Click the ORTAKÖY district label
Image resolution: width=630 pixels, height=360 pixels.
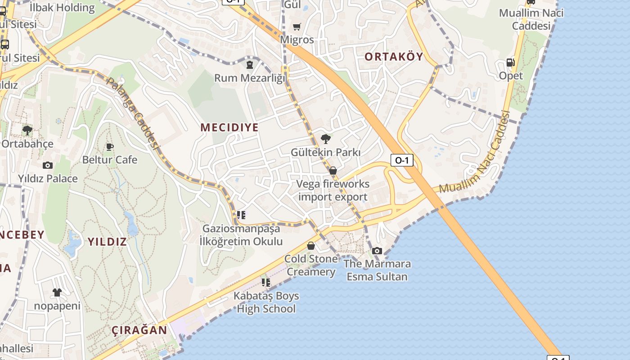[x=394, y=56]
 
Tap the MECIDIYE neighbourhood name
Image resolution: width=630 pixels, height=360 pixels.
[x=229, y=127]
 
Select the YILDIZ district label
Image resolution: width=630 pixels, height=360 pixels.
[x=107, y=242]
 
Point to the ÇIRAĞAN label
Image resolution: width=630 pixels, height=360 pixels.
[x=139, y=330]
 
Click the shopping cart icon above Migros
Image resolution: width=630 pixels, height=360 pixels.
[x=297, y=27]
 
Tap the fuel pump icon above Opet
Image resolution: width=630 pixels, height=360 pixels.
[x=510, y=63]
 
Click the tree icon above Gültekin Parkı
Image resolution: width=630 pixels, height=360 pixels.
[x=326, y=139]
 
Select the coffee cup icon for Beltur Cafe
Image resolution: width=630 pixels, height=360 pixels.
[x=109, y=147]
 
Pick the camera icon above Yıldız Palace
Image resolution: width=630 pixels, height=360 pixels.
[x=48, y=165]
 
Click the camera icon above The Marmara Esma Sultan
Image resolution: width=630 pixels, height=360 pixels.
[x=377, y=251]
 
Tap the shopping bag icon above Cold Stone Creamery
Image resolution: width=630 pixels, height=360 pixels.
[x=310, y=246]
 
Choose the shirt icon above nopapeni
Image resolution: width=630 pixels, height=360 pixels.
[x=57, y=292]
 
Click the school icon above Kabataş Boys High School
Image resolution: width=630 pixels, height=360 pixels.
[x=266, y=283]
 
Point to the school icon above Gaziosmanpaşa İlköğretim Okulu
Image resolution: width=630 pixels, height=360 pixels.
[x=241, y=215]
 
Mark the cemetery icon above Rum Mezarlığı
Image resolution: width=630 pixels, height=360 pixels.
[x=249, y=65]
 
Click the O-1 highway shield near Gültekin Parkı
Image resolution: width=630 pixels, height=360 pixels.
[x=401, y=160]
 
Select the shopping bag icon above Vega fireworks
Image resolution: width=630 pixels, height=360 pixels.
[x=333, y=171]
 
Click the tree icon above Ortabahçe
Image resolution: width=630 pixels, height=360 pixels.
[x=27, y=130]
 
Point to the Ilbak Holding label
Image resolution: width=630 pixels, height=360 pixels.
[x=62, y=7]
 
